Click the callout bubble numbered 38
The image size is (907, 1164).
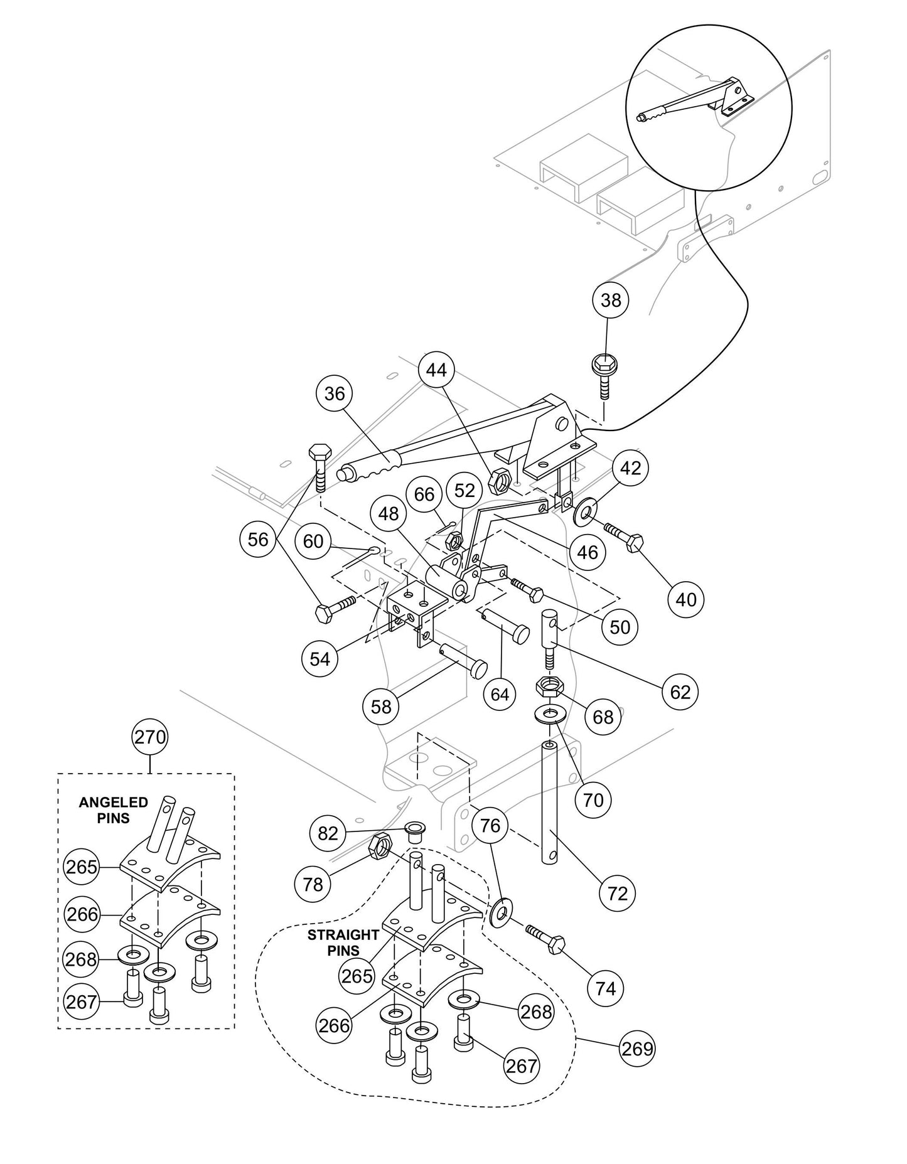(x=610, y=300)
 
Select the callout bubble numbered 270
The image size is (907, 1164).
(x=151, y=737)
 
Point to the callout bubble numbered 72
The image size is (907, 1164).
(x=618, y=893)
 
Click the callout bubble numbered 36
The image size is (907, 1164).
(x=335, y=393)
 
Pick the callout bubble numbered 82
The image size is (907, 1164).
(x=328, y=833)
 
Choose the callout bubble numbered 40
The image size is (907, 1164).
(x=686, y=599)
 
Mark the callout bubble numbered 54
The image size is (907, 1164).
(x=319, y=659)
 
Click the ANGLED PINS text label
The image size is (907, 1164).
(x=104, y=809)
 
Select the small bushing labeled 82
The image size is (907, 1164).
(x=414, y=833)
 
